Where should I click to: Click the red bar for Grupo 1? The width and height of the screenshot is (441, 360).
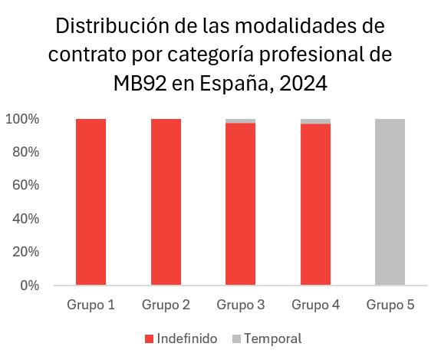(91, 202)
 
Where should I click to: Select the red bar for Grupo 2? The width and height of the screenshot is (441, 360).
(166, 202)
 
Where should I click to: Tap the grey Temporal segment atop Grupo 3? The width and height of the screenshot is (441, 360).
(241, 121)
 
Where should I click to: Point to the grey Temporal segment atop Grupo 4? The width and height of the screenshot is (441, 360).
(315, 121)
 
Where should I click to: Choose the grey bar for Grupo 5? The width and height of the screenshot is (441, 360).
(390, 202)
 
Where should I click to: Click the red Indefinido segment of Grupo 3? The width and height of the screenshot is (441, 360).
(241, 204)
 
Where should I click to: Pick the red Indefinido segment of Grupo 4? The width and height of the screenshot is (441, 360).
(315, 205)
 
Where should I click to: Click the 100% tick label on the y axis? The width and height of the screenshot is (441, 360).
(22, 119)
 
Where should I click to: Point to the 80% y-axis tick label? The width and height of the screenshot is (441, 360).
(25, 152)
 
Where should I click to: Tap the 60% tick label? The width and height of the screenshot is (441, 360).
(25, 186)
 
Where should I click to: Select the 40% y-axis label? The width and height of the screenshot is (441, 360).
(25, 219)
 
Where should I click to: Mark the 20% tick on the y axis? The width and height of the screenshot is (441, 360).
(25, 252)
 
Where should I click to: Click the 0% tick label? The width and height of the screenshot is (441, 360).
(30, 286)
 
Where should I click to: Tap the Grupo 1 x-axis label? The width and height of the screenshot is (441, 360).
(91, 305)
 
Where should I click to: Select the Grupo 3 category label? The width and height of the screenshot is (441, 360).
(241, 305)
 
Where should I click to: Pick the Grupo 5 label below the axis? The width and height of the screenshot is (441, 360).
(390, 305)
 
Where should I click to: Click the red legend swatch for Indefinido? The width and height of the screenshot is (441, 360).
(149, 339)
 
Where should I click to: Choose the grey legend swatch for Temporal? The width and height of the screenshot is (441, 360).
(237, 339)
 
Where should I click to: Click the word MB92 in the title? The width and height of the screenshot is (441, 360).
(140, 84)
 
